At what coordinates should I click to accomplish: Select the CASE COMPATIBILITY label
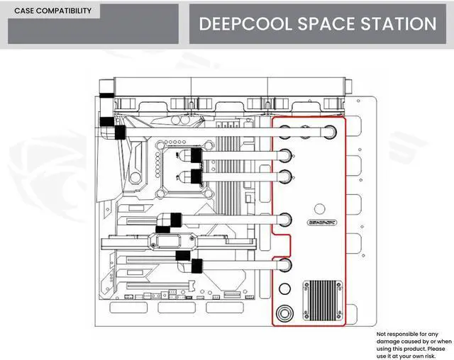click(x=52, y=11)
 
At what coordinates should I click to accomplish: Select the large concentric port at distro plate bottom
click(x=284, y=312)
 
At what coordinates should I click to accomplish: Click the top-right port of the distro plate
click(x=330, y=131)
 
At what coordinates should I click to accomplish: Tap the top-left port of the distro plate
click(x=284, y=131)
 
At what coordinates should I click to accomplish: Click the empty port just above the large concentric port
click(x=284, y=288)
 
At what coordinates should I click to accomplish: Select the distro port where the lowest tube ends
click(x=284, y=266)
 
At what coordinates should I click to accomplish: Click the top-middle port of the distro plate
click(x=306, y=131)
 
